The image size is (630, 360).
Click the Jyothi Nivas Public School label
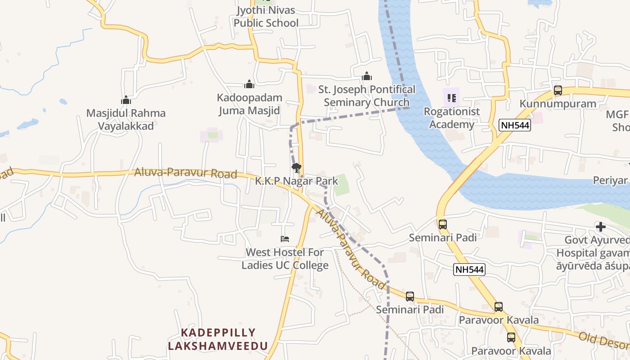pyautogui.click(x=266, y=17)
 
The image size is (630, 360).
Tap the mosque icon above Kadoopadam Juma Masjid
pyautogui.click(x=249, y=84)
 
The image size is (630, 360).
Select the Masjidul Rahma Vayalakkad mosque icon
pyautogui.click(x=126, y=100)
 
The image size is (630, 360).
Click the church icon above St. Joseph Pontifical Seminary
pyautogui.click(x=367, y=76)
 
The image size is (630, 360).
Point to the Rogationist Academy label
pyautogui.click(x=452, y=118)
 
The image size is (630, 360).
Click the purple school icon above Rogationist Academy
pyautogui.click(x=452, y=98)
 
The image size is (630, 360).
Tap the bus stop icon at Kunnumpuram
pyautogui.click(x=558, y=90)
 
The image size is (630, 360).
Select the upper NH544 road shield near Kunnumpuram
pyautogui.click(x=515, y=126)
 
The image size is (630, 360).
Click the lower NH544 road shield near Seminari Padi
pyautogui.click(x=469, y=270)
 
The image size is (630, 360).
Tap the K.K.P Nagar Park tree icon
pyautogui.click(x=296, y=168)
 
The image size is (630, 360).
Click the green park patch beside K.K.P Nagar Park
pyautogui.click(x=342, y=184)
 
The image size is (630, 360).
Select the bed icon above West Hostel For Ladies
pyautogui.click(x=284, y=238)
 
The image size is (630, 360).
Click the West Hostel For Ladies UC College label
pyautogui.click(x=285, y=259)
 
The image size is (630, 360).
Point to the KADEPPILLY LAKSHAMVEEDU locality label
pyautogui.click(x=218, y=339)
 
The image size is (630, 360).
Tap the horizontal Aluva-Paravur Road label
pyautogui.click(x=185, y=173)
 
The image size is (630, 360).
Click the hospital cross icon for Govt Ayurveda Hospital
pyautogui.click(x=600, y=227)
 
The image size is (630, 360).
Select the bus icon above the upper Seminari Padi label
pyautogui.click(x=443, y=224)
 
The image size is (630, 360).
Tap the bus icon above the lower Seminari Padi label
pyautogui.click(x=410, y=297)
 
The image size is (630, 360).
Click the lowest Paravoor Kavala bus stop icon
pyautogui.click(x=511, y=337)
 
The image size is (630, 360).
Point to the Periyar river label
pyautogui.click(x=610, y=180)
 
